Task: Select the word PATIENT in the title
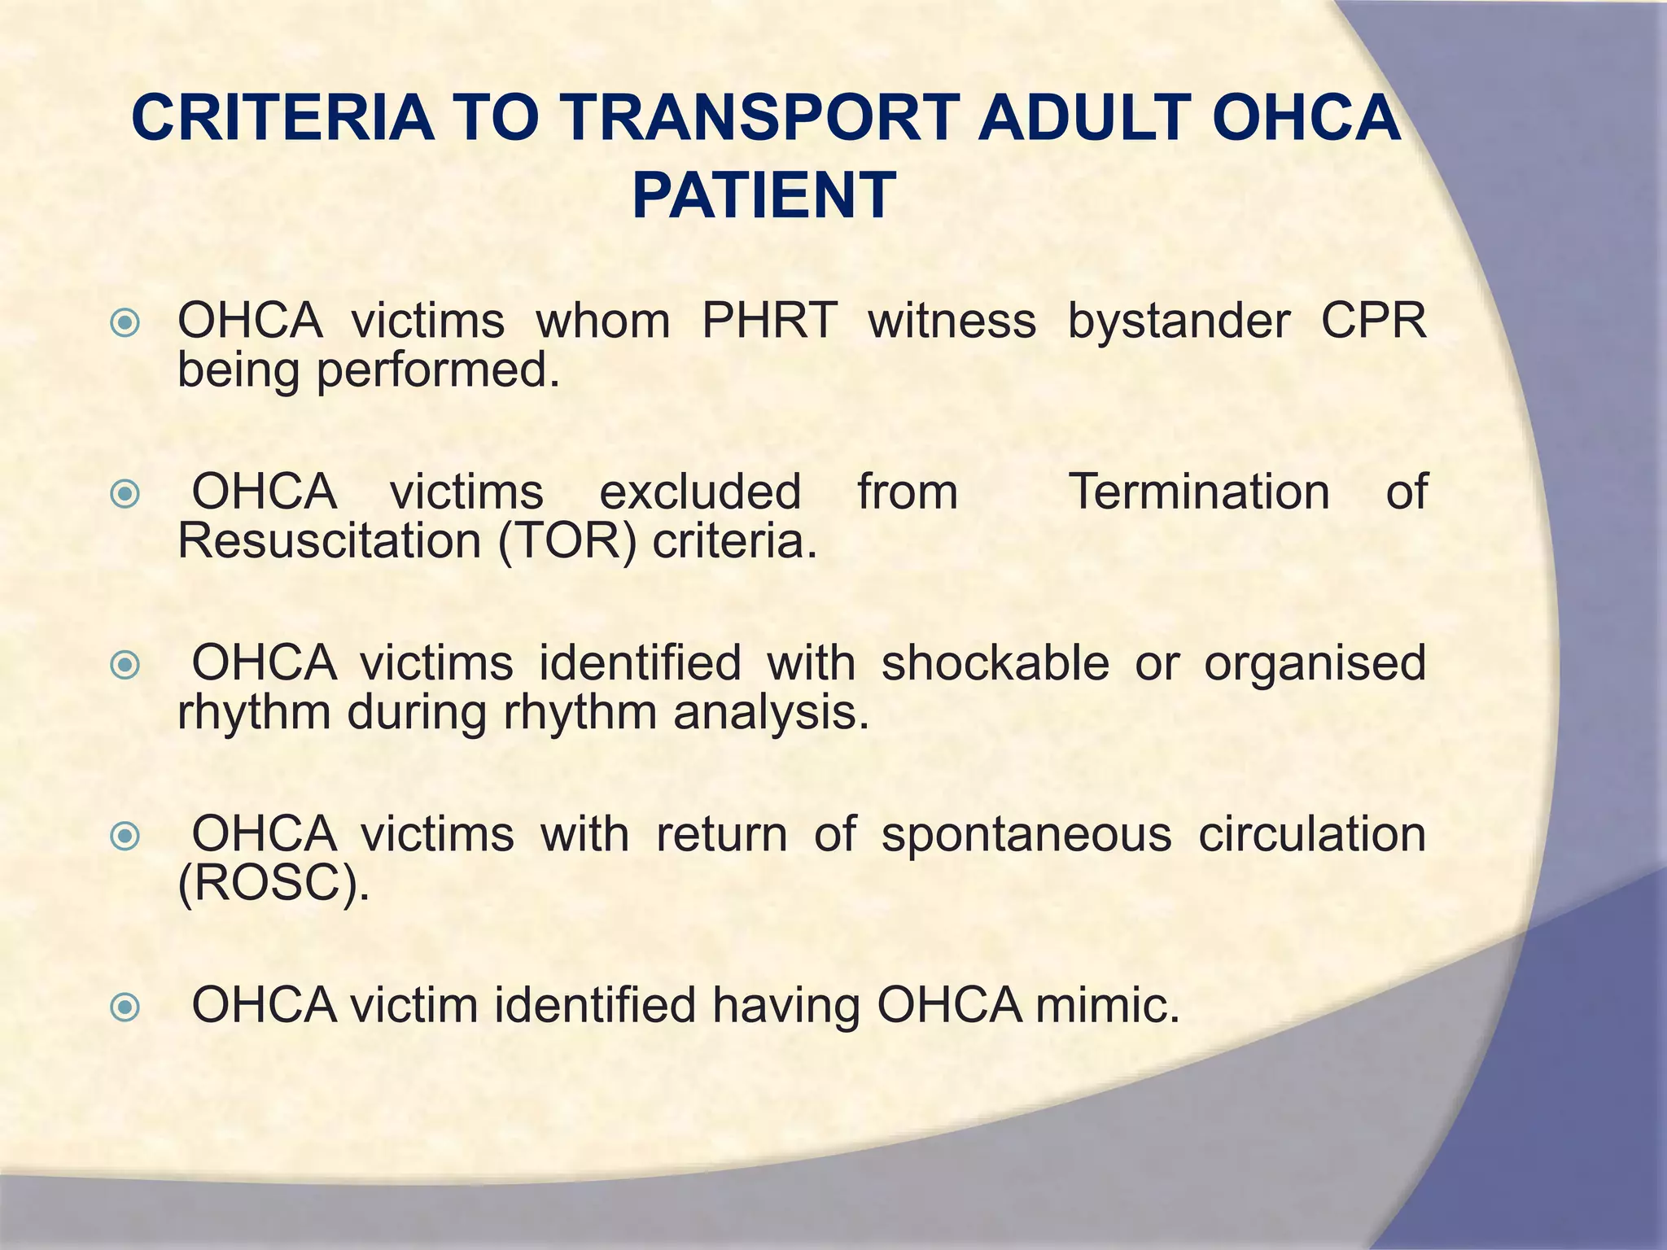[764, 196]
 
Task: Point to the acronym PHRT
[769, 321]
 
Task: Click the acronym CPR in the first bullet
[1372, 321]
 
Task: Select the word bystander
[1178, 321]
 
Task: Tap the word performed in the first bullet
[438, 370]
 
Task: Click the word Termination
[1199, 492]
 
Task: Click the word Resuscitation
[330, 541]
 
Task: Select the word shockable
[995, 662]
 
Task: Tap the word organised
[1315, 662]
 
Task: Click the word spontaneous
[1026, 834]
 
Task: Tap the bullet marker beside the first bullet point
[125, 324]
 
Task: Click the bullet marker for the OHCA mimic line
[125, 1008]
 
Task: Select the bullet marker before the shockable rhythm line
[125, 666]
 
